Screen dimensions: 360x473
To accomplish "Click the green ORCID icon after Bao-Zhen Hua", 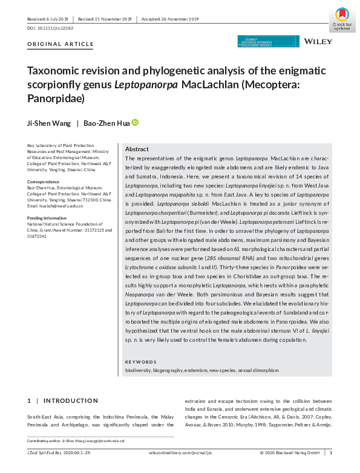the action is (135, 122).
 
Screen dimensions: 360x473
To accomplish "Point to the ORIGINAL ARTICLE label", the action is (61, 44).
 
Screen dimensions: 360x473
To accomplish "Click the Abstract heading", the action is (137, 149).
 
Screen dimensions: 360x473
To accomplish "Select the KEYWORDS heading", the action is (140, 362).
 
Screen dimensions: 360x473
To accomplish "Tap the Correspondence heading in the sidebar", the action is (43, 181).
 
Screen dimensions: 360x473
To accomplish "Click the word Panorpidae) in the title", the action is (56, 97).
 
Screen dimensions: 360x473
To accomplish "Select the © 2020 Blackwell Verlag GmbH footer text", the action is (290, 452).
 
